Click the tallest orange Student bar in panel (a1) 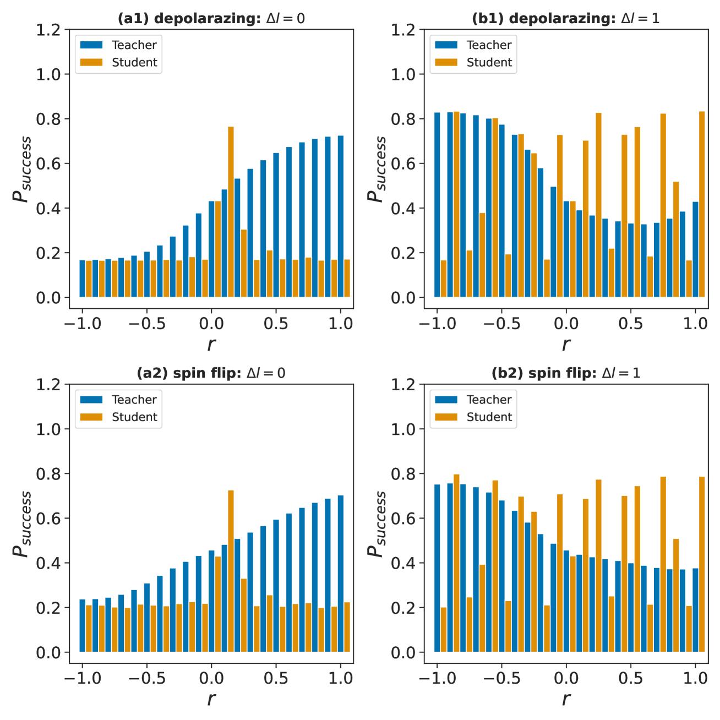point(231,212)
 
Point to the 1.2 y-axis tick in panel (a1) point(48,30)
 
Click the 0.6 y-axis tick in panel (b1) point(403,164)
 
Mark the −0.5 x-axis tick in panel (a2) point(146,678)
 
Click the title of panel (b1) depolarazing point(565,18)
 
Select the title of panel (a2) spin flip point(211,373)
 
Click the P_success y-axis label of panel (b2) point(377,524)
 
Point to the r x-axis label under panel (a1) point(211,345)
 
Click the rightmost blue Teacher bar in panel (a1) point(341,216)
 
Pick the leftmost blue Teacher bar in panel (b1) point(437,205)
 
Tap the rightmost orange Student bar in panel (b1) point(702,204)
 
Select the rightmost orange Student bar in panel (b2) point(702,564)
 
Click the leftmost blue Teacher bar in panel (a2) point(83,626)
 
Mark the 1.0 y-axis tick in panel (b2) point(403,429)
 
